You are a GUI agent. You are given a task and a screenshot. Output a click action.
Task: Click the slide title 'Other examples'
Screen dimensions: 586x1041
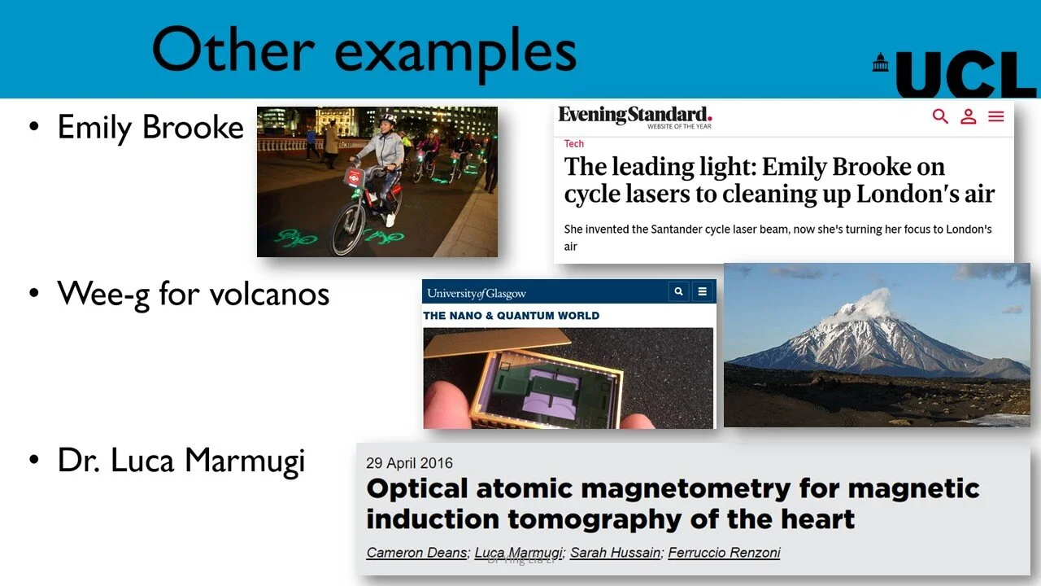pos(364,50)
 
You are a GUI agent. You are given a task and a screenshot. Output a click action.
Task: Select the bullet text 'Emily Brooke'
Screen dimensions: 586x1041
pos(150,127)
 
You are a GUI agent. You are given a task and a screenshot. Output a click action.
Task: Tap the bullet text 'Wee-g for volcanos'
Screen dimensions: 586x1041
pos(194,293)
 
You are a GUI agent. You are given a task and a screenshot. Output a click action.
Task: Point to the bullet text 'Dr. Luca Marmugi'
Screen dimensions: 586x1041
pos(181,461)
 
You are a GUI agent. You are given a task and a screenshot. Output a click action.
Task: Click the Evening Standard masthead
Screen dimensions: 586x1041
pos(634,116)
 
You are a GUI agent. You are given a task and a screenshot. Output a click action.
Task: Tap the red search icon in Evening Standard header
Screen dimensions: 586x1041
pos(940,116)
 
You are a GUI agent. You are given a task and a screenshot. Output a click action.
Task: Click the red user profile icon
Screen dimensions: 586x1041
pos(968,116)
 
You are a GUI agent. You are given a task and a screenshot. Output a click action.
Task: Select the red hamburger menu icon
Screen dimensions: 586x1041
pos(996,116)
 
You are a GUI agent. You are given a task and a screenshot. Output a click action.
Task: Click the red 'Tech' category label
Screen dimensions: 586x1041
pos(574,144)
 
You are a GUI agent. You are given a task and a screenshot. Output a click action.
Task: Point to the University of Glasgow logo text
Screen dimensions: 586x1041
pos(477,293)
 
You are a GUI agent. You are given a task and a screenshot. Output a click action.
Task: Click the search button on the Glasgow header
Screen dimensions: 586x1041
pos(678,291)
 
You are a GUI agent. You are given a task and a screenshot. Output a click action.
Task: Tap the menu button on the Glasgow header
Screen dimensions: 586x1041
pos(703,291)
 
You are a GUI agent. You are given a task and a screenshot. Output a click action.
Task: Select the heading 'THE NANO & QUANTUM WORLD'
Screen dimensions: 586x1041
pos(512,316)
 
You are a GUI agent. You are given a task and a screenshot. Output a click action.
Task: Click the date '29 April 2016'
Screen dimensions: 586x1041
pos(410,463)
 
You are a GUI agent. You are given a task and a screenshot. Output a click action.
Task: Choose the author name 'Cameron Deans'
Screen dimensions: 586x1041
pos(417,553)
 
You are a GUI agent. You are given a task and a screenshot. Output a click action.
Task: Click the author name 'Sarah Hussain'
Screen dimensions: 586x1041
pos(616,553)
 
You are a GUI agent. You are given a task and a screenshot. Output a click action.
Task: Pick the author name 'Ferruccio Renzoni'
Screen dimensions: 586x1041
pos(724,553)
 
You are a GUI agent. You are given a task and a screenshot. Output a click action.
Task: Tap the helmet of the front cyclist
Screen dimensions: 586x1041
pos(388,120)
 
